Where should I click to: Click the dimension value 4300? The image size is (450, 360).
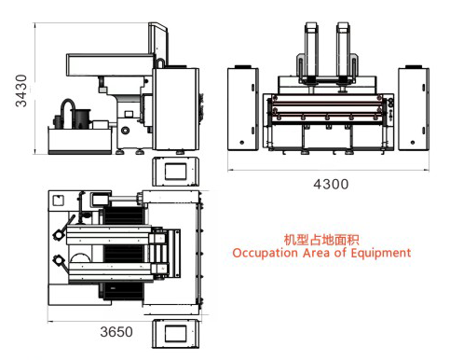(330, 185)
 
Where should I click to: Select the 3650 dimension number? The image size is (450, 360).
(116, 331)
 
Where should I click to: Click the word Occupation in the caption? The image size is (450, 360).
(265, 253)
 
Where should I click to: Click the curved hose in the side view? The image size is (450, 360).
(67, 107)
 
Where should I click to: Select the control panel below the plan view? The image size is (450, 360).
(176, 334)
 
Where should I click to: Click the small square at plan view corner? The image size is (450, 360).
(58, 200)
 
